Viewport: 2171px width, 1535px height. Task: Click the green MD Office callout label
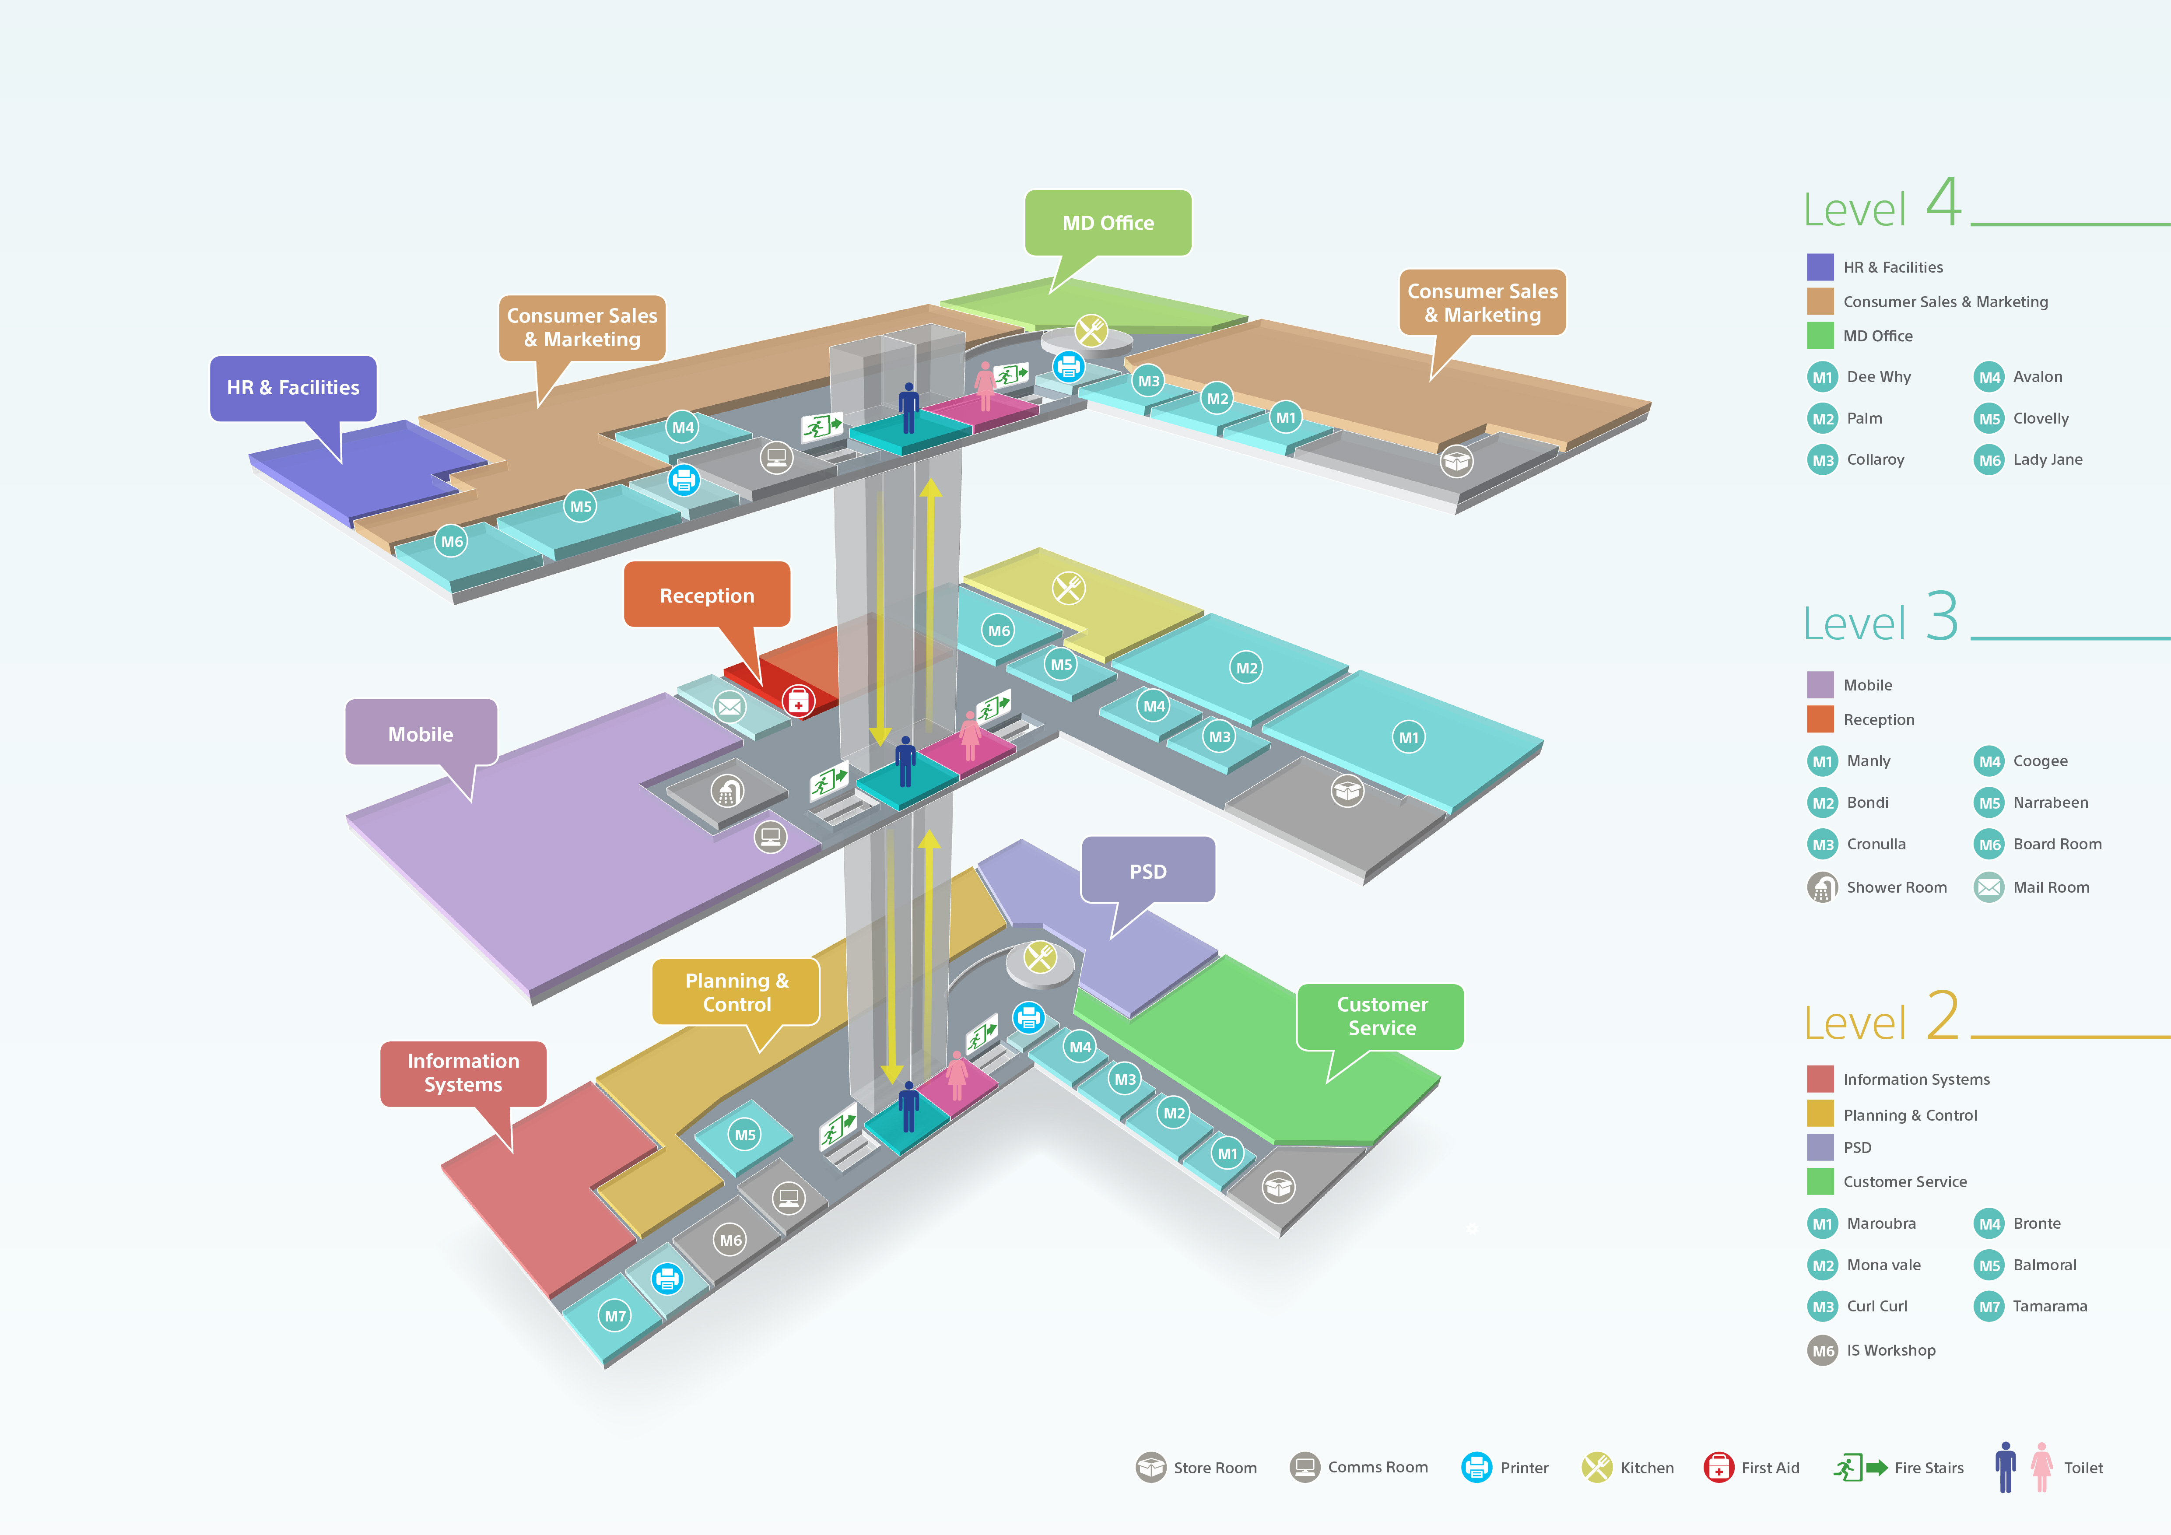(x=1107, y=223)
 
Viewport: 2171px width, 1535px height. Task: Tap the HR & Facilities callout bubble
(x=293, y=388)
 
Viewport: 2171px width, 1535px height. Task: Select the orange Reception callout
(x=706, y=596)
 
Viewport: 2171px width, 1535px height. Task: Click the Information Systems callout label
(x=463, y=1073)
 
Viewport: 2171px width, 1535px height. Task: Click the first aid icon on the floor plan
(x=798, y=701)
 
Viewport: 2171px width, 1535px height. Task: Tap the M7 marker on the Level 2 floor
(x=614, y=1316)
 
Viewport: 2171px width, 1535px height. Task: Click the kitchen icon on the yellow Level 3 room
(x=1069, y=589)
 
